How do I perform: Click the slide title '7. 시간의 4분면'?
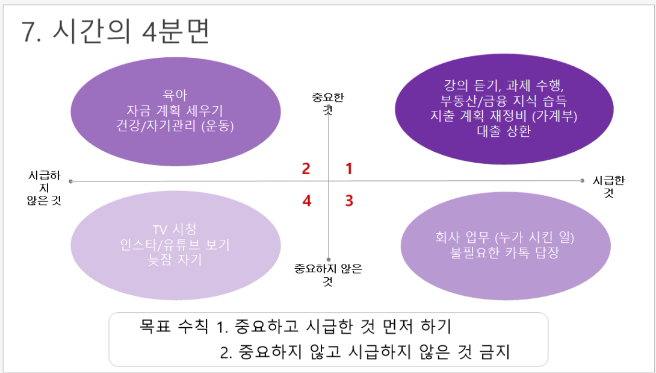pyautogui.click(x=116, y=31)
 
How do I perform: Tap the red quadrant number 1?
pyautogui.click(x=349, y=169)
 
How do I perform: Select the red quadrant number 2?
pyautogui.click(x=306, y=169)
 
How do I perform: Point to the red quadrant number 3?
pyautogui.click(x=349, y=201)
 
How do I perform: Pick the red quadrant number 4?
pyautogui.click(x=307, y=201)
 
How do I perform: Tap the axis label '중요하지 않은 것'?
pyautogui.click(x=328, y=275)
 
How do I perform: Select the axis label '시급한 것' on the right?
pyautogui.click(x=608, y=187)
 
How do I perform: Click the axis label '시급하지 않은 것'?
pyautogui.click(x=45, y=188)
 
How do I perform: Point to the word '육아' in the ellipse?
pyautogui.click(x=175, y=95)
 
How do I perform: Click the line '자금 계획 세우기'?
pyautogui.click(x=175, y=111)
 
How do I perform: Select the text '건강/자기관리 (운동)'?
pyautogui.click(x=175, y=126)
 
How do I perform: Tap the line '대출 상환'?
pyautogui.click(x=504, y=131)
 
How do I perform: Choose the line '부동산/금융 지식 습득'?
pyautogui.click(x=504, y=101)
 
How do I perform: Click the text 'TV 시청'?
pyautogui.click(x=175, y=230)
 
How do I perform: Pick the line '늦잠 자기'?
pyautogui.click(x=175, y=260)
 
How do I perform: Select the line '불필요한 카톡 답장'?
pyautogui.click(x=504, y=252)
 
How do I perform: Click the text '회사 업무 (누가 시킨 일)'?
pyautogui.click(x=504, y=237)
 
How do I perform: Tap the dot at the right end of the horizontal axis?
pyautogui.click(x=583, y=181)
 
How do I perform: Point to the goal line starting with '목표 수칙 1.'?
pyautogui.click(x=296, y=325)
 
